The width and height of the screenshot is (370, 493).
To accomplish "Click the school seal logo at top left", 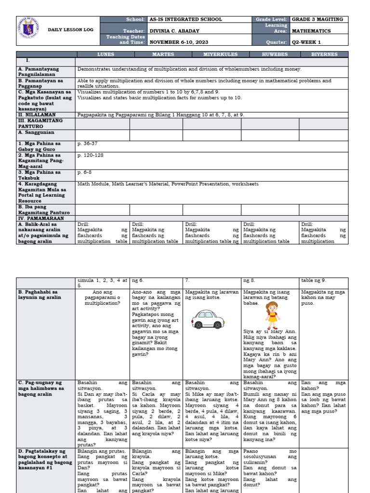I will coord(28,29).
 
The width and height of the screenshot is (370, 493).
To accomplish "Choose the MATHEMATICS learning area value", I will coord(312,30).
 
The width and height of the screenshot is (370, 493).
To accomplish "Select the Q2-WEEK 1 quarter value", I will coord(308,41).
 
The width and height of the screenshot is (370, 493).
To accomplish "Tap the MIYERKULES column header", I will coord(211,55).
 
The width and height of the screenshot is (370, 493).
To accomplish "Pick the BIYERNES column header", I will coord(323,55).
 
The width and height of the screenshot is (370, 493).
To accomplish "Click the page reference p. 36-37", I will coord(87,143).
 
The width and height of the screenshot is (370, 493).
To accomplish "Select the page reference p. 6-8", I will coord(85,172).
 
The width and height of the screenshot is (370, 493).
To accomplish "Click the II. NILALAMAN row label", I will coord(37,115).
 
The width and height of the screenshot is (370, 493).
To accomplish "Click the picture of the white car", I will coord(208,318).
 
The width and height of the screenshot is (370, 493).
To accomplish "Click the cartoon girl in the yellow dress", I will coord(270,314).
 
